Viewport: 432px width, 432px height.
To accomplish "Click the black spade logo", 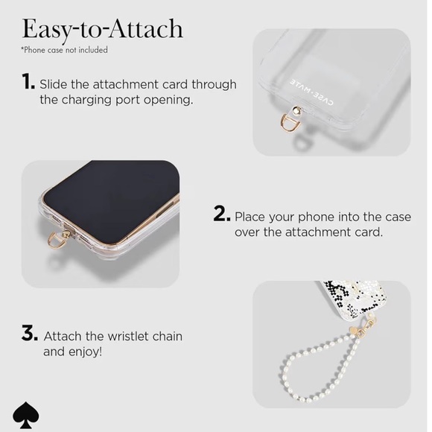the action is click(26, 416).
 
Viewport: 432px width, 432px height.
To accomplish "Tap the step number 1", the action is click(28, 82).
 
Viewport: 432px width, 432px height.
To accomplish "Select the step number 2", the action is click(221, 214).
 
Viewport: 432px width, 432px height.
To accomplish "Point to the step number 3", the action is click(30, 333).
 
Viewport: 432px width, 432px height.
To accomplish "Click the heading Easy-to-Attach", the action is click(103, 30).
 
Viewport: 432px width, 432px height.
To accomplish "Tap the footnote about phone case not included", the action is click(65, 50).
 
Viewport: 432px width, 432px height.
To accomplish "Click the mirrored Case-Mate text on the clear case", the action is click(311, 92).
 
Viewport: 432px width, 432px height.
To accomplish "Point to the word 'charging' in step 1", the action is click(86, 101).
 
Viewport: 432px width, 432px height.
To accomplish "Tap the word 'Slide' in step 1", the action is click(54, 84).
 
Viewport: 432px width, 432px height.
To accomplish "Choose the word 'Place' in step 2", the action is click(250, 217).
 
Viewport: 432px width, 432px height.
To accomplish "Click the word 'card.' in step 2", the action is click(369, 232).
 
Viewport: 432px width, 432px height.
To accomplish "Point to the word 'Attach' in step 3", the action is click(63, 337).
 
